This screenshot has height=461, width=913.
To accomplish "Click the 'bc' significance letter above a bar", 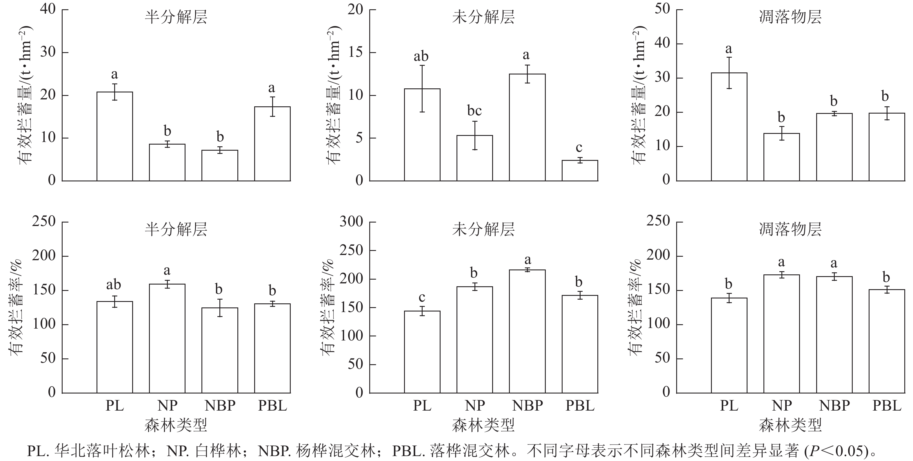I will (x=474, y=111).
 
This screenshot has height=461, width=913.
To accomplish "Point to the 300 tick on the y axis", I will (x=351, y=222).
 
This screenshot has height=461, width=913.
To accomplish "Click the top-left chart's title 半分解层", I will (x=176, y=17).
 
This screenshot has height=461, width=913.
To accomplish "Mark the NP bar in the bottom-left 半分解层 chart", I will (x=167, y=338).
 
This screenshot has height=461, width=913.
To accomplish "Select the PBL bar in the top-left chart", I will (x=272, y=144).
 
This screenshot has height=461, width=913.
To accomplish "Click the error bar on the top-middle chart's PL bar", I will (x=422, y=88).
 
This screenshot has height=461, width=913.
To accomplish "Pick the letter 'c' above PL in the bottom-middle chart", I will (x=422, y=298).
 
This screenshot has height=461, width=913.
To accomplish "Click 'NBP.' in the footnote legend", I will (x=271, y=451).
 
